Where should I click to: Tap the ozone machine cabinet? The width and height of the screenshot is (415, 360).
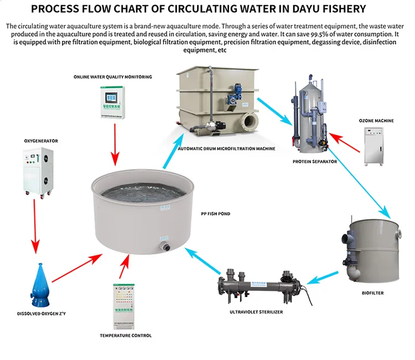coord(372,146)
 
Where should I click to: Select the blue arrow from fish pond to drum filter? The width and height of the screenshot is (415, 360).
coord(172,152)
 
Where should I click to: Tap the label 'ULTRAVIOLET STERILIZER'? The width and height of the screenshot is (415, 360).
coord(257,312)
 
